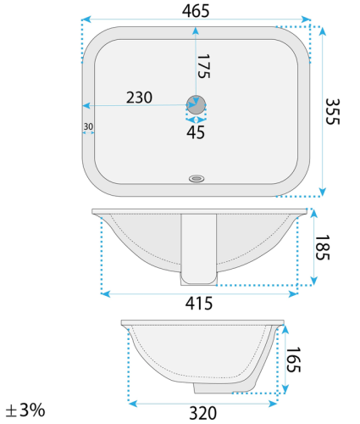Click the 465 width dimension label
(196, 11)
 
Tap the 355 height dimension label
(332, 111)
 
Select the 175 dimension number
(203, 66)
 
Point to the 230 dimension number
(139, 98)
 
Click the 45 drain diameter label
(196, 132)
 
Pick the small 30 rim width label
(88, 126)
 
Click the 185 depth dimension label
(322, 248)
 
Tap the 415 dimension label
(199, 304)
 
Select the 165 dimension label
(293, 360)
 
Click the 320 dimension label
(202, 413)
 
